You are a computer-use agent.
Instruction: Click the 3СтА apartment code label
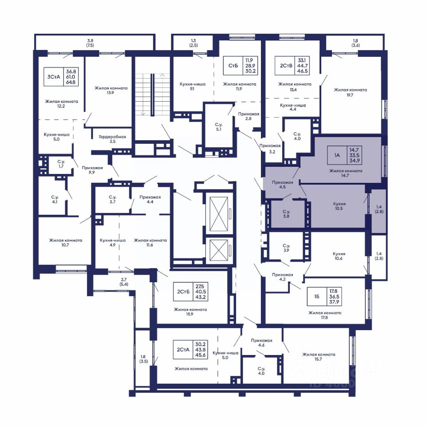pos(54,77)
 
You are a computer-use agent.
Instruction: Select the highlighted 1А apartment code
pos(337,155)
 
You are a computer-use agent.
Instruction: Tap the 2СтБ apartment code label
pos(183,292)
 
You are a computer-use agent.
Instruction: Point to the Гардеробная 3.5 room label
pos(112,139)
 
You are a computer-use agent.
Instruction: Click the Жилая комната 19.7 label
pos(350,92)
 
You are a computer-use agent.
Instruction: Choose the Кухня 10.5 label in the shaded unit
pos(339,206)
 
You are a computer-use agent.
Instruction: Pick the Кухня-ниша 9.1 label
pos(192,87)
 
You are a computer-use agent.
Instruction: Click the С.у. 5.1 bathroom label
pos(219,127)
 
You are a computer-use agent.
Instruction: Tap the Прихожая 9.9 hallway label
pos(92,170)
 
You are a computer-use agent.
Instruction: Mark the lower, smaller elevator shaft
pos(219,251)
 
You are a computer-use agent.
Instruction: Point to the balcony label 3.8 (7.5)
pos(90,43)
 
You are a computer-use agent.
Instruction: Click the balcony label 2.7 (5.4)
pos(124,282)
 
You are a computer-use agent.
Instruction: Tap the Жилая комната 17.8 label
pos(325,315)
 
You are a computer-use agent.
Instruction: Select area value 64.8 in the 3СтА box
pos(71,82)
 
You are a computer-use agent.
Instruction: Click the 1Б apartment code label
pos(317,296)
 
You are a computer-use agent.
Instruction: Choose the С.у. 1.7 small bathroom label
pos(61,164)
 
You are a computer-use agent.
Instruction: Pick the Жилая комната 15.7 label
pos(319,357)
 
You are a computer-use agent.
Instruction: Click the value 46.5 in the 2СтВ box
pos(302,71)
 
